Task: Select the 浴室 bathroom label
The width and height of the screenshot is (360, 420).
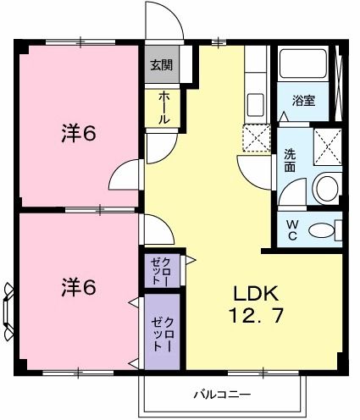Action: pyautogui.click(x=304, y=100)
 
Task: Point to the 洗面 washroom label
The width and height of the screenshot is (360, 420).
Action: pyautogui.click(x=290, y=162)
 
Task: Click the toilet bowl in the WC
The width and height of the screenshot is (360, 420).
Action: pyautogui.click(x=321, y=229)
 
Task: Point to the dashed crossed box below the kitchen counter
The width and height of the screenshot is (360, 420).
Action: pyautogui.click(x=255, y=138)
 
